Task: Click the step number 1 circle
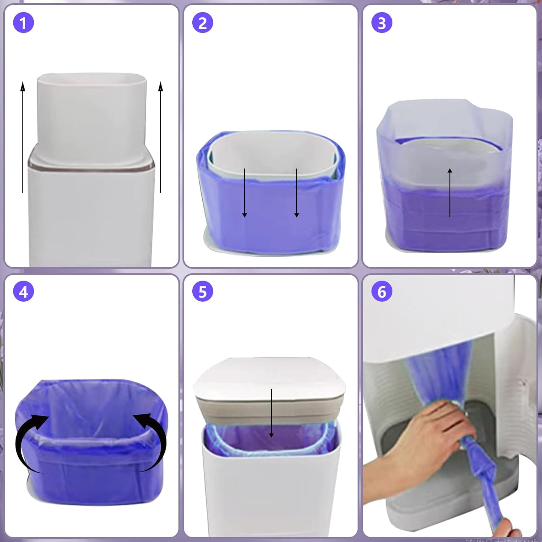(23, 23)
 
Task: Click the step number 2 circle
(203, 23)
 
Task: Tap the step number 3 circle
(382, 23)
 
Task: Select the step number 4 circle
(23, 292)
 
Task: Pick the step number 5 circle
(203, 292)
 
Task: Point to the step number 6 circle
(382, 292)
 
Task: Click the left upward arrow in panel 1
(23, 137)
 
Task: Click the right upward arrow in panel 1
(161, 137)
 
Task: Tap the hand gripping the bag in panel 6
(426, 430)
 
